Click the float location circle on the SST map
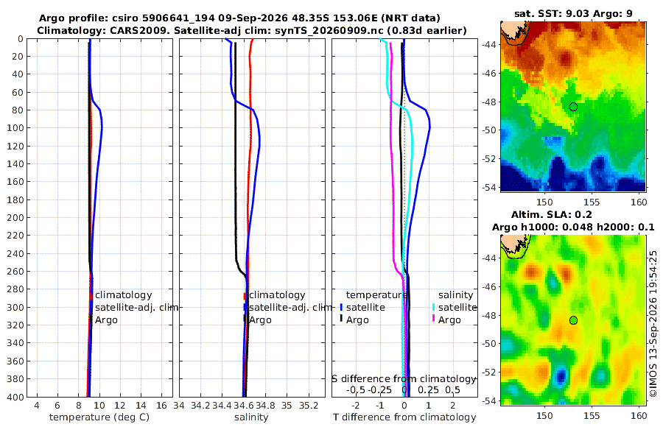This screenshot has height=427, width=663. coord(573,107)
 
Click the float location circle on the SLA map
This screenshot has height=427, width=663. coord(573,320)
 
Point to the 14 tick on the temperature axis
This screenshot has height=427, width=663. coord(141,406)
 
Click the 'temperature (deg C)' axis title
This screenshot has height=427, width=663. coord(99,417)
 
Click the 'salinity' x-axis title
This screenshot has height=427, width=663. coord(252,417)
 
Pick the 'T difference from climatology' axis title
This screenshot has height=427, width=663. coord(404,417)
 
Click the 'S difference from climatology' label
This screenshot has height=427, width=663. coord(404,379)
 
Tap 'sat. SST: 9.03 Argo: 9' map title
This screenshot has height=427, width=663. coord(573,13)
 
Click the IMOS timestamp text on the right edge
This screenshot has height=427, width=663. coord(653,324)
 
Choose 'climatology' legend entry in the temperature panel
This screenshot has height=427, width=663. coord(123,295)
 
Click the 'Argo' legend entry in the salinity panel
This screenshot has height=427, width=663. coord(260,320)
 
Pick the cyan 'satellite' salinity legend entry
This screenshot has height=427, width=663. coord(457,307)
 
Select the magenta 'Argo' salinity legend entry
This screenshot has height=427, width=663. coord(449,320)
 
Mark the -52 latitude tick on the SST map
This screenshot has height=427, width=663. coord(489,159)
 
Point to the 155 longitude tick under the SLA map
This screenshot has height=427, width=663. coord(592,415)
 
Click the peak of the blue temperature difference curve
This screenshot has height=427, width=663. coord(429,127)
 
